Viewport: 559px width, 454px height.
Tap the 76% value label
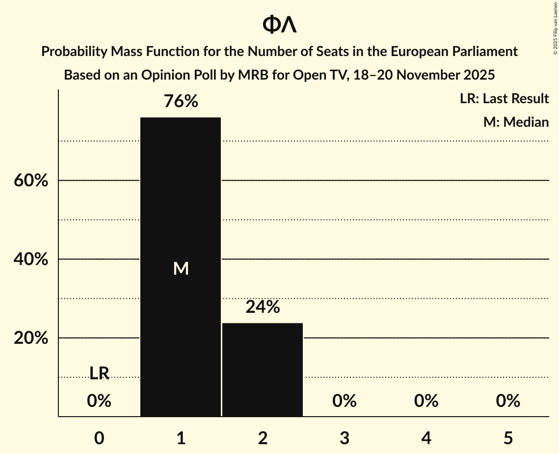point(181,102)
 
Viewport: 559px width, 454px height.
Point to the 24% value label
point(263,307)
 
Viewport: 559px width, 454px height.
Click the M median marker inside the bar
point(181,268)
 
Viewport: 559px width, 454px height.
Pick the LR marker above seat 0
point(99,373)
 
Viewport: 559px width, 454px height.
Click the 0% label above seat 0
point(99,401)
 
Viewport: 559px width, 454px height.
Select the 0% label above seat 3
point(344,401)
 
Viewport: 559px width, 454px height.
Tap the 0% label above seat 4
point(426,401)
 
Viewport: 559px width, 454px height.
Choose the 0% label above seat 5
point(507,401)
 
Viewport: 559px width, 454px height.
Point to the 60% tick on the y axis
point(30,181)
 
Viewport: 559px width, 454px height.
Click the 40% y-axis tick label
point(30,259)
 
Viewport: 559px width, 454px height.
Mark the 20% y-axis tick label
point(30,339)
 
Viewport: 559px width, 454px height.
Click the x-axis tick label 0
point(99,438)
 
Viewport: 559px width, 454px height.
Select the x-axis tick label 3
point(344,438)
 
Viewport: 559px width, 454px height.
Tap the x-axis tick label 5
point(507,438)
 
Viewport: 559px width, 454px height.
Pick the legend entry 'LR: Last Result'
point(504,99)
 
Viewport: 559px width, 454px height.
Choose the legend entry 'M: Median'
point(516,122)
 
